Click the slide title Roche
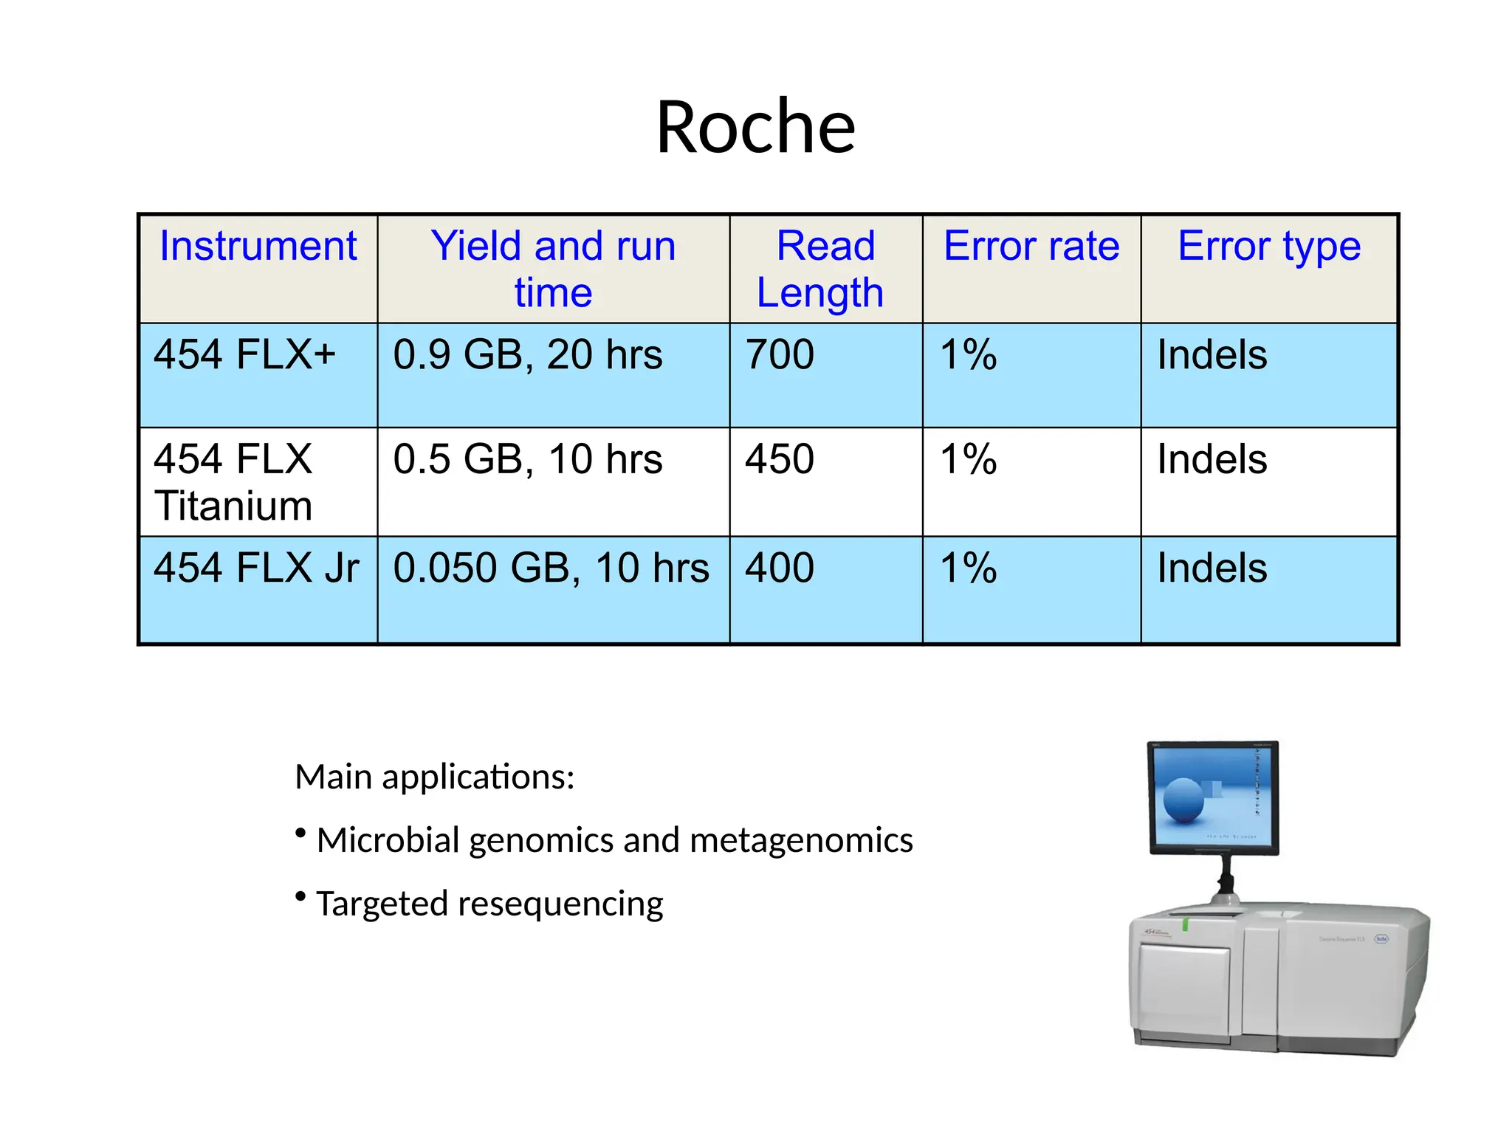755,127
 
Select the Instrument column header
258,246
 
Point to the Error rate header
1031,246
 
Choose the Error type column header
1268,246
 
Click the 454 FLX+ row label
244,354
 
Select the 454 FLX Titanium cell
233,482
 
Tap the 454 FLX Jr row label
256,568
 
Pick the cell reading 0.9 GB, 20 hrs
527,354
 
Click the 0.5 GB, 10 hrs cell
527,459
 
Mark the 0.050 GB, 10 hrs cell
551,568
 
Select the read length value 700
780,354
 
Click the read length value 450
780,459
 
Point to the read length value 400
780,568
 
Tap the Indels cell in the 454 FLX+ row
1212,354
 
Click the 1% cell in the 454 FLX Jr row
968,568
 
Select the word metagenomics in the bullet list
801,841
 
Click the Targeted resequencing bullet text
489,904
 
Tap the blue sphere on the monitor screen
1183,800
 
